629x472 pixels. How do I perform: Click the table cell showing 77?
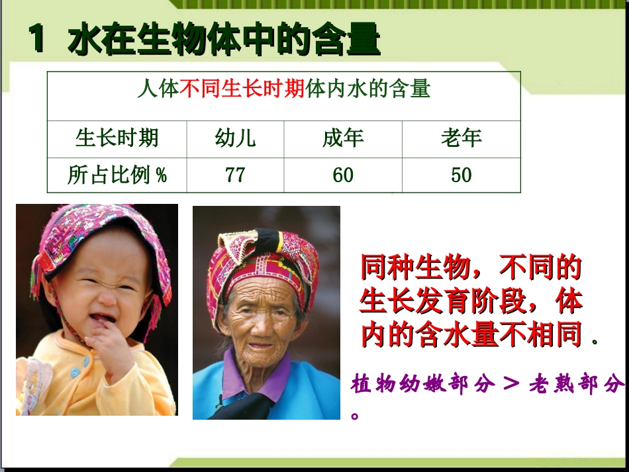coord(235,175)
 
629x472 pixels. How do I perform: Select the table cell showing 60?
coord(343,175)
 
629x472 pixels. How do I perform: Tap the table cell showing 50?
coord(461,175)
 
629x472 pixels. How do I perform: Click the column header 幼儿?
coord(235,138)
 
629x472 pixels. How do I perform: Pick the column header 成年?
coord(343,138)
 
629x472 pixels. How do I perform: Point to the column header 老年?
coord(461,138)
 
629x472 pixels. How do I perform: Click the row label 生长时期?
coord(117,138)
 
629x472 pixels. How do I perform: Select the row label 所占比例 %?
coord(117,175)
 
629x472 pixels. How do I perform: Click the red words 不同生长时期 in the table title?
coord(242,89)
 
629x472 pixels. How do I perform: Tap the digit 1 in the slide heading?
coord(37,40)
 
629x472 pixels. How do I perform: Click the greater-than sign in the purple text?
coord(510,384)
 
